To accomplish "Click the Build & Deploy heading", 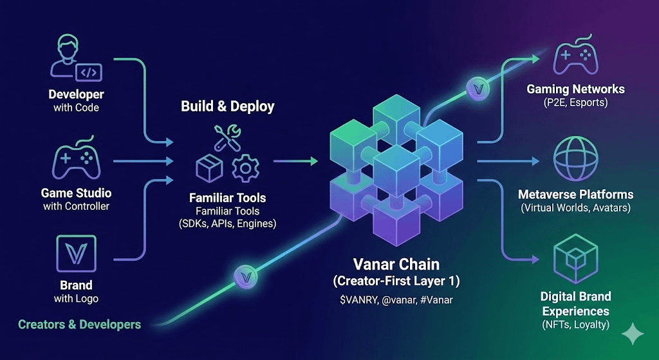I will point(228,106).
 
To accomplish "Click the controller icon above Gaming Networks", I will point(575,57).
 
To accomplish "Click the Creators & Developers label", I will point(79,324).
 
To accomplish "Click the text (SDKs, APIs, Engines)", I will point(228,224).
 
